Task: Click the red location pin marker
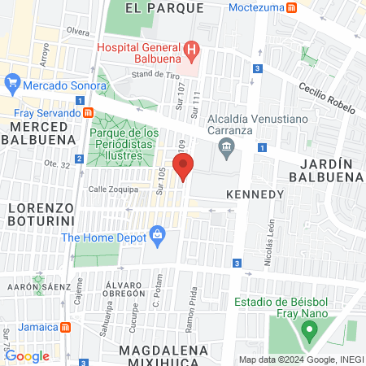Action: pos(184,167)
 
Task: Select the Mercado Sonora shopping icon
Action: pos(12,84)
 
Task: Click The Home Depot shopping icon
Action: pos(158,237)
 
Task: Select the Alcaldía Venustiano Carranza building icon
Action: pos(226,146)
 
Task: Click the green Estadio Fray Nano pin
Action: pos(308,331)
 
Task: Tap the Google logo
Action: pos(27,355)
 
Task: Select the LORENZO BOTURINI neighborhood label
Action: pos(41,213)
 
